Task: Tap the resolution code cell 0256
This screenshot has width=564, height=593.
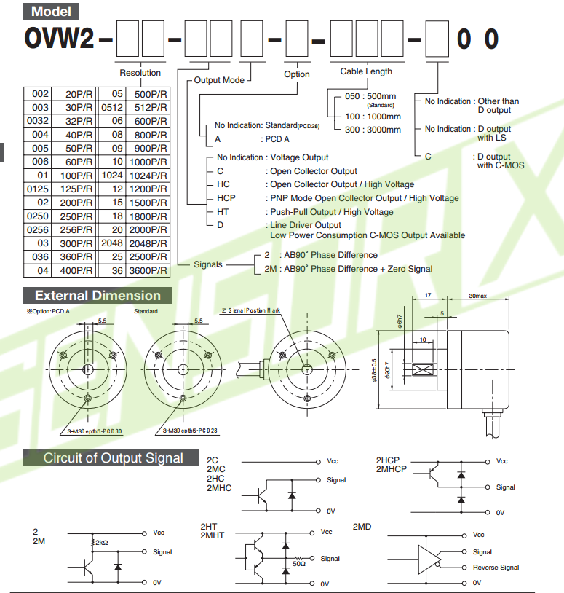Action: [x=37, y=229]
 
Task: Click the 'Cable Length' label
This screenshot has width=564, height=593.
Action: [x=366, y=71]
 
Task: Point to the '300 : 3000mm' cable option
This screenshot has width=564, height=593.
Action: [x=373, y=130]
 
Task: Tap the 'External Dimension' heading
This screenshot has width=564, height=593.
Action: [x=98, y=296]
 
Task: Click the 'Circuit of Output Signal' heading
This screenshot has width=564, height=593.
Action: [x=114, y=458]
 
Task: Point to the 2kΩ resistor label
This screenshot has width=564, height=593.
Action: [x=100, y=543]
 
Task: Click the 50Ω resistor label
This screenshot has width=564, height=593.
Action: [x=299, y=563]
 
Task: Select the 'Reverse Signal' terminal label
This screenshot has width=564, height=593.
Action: [x=496, y=568]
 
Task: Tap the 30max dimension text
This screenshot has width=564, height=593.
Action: [x=478, y=296]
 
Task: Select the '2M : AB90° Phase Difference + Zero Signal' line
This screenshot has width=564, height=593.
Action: [x=348, y=269]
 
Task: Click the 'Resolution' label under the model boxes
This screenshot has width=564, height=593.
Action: [x=140, y=73]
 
